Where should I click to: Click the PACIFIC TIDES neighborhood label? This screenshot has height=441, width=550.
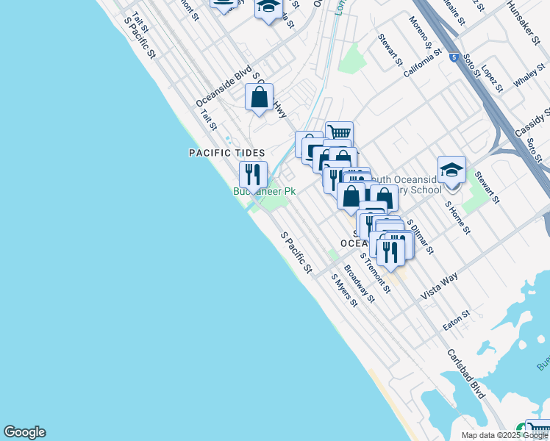(x=226, y=153)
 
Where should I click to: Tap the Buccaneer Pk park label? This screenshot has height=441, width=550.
(x=265, y=192)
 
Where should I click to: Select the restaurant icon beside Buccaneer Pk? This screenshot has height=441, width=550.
(x=252, y=174)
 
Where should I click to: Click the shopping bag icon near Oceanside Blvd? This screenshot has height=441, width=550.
(x=260, y=97)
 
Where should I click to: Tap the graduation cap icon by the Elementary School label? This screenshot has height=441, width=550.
(x=451, y=170)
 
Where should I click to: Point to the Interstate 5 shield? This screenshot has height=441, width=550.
(x=456, y=57)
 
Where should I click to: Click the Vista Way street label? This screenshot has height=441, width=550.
(x=439, y=284)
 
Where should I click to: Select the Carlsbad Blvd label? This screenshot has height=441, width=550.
(x=467, y=371)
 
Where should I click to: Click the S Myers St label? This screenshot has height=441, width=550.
(x=343, y=290)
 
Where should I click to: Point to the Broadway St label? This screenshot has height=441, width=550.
(x=360, y=283)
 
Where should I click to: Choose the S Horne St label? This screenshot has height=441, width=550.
(x=457, y=218)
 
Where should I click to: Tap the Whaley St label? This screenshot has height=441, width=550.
(x=528, y=76)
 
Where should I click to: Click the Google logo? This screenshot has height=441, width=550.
(x=24, y=432)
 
